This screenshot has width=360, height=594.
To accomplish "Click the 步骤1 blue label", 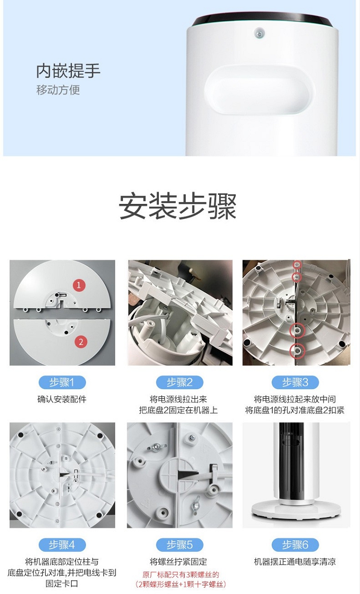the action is [x=62, y=382].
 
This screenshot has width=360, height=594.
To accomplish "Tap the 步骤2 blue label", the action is [x=180, y=382].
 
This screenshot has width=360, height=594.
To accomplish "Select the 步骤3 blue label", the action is [x=295, y=382].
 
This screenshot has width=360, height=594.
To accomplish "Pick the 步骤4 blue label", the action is [x=62, y=545].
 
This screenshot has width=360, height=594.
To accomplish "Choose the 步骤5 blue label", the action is [x=180, y=545].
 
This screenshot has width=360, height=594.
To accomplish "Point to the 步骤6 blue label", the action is [x=295, y=545].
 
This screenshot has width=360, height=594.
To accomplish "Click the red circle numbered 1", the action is [x=79, y=285].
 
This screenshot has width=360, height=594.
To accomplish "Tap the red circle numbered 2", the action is [x=81, y=342].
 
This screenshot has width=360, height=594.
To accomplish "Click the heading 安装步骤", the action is [x=178, y=206].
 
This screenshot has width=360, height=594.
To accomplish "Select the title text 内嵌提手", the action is [x=68, y=71].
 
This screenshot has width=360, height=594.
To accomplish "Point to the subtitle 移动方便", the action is [x=58, y=90].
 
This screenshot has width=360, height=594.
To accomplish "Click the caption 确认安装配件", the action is [x=62, y=399].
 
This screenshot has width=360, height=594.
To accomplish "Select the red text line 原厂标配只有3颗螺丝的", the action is [x=180, y=575].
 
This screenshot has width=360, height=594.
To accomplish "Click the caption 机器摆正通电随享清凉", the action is [x=295, y=562].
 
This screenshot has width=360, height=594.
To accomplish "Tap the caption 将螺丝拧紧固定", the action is [x=178, y=562].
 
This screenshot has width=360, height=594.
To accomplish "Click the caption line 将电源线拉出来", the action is [x=178, y=399].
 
